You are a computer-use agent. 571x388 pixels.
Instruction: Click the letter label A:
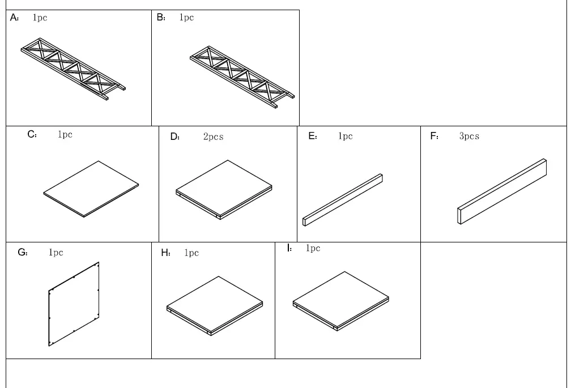15,18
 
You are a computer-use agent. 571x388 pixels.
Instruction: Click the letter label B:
161,18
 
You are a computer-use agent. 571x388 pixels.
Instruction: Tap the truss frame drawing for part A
73,70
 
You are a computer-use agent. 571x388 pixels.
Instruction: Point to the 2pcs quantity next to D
213,137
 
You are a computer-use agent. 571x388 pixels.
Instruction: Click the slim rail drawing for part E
343,199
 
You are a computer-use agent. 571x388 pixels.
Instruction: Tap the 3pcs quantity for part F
469,137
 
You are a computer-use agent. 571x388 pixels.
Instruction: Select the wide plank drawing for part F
502,191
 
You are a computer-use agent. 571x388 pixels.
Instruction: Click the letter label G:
23,253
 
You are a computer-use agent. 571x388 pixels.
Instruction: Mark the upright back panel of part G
74,304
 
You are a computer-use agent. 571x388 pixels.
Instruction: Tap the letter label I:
289,248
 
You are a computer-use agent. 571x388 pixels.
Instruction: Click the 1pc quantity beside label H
191,253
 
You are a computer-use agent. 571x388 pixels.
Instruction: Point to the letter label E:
313,137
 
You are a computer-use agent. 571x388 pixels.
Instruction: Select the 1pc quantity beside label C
65,135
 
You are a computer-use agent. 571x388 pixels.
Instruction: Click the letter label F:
434,137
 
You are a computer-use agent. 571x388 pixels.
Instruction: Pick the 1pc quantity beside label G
56,253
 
